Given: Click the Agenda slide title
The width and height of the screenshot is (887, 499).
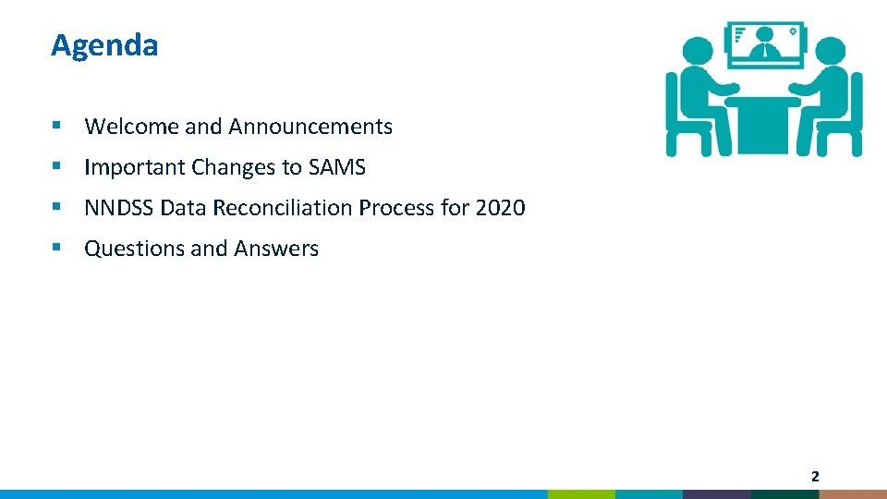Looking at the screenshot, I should [104, 44].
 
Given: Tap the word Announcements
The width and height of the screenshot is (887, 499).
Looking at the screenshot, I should [310, 127].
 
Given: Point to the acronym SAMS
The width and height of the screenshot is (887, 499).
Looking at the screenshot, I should [336, 167].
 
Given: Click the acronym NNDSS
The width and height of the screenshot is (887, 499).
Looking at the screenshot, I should [118, 208].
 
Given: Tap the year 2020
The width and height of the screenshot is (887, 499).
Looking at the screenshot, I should [500, 208].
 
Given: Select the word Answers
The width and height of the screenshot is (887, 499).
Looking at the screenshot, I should [276, 249].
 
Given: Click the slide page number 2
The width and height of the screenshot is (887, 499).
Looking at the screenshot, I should [815, 477].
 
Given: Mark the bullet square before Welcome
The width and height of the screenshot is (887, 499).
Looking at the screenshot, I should [57, 126].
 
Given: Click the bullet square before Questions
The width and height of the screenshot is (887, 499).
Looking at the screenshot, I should [57, 248].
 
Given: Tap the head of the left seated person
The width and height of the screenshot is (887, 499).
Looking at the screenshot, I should [699, 54].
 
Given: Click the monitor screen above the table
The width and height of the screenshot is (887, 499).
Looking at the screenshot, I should [765, 43].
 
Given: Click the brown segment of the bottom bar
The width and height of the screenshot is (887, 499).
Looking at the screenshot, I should [852, 494].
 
